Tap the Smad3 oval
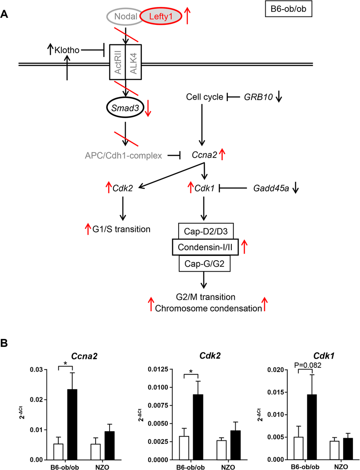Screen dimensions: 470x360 (124, 107)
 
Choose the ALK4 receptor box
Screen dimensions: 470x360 (133, 61)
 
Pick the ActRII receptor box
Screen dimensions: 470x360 (117, 61)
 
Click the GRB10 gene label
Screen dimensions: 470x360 (259, 97)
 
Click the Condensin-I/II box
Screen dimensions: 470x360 (204, 246)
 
